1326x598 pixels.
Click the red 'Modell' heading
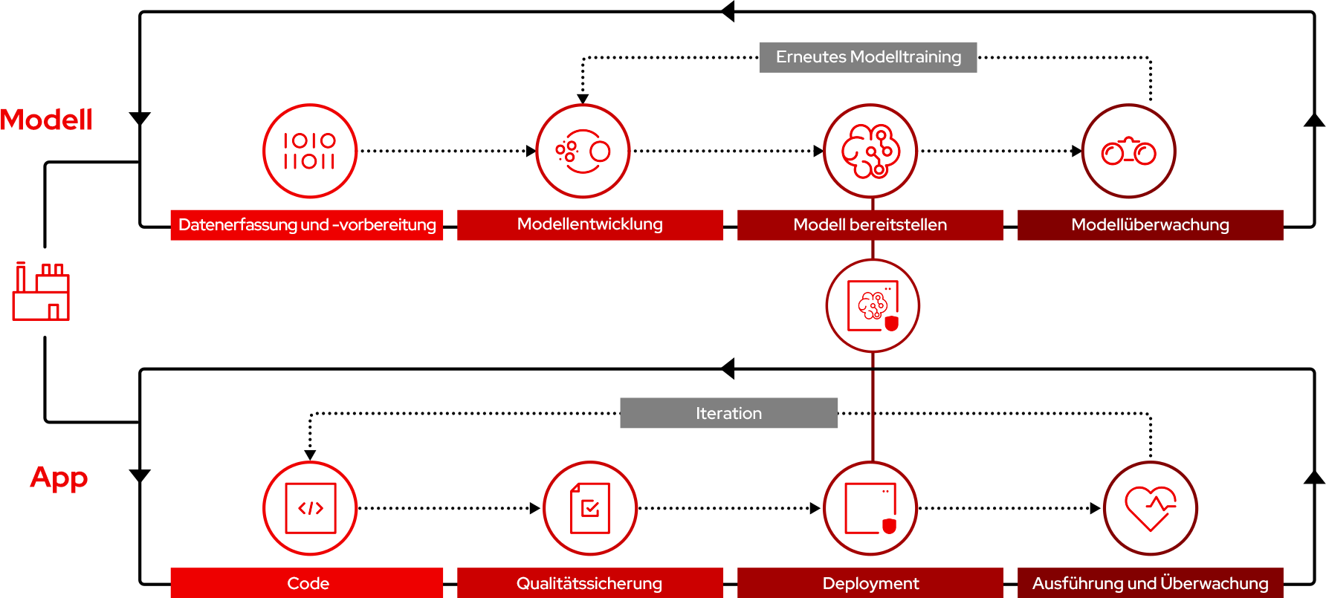point(46,120)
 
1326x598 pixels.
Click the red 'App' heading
point(59,477)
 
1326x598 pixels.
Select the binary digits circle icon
point(309,151)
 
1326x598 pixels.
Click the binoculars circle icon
point(1128,151)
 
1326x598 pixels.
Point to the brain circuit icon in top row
point(870,151)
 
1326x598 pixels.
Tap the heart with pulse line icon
point(1150,508)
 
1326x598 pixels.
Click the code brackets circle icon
point(310,508)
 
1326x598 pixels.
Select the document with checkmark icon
point(589,508)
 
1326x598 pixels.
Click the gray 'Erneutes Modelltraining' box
point(867,57)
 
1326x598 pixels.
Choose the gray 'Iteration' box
point(728,413)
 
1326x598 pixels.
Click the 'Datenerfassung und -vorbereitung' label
point(306,225)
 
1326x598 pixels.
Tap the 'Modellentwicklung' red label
point(589,225)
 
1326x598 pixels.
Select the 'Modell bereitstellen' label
point(870,225)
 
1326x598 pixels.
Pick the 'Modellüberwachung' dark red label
point(1150,225)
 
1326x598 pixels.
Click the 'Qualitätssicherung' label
point(589,583)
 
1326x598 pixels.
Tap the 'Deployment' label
point(870,583)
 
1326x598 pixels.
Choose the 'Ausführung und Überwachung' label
point(1150,583)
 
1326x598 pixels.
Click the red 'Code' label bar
point(306,583)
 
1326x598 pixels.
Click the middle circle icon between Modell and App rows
point(873,305)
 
